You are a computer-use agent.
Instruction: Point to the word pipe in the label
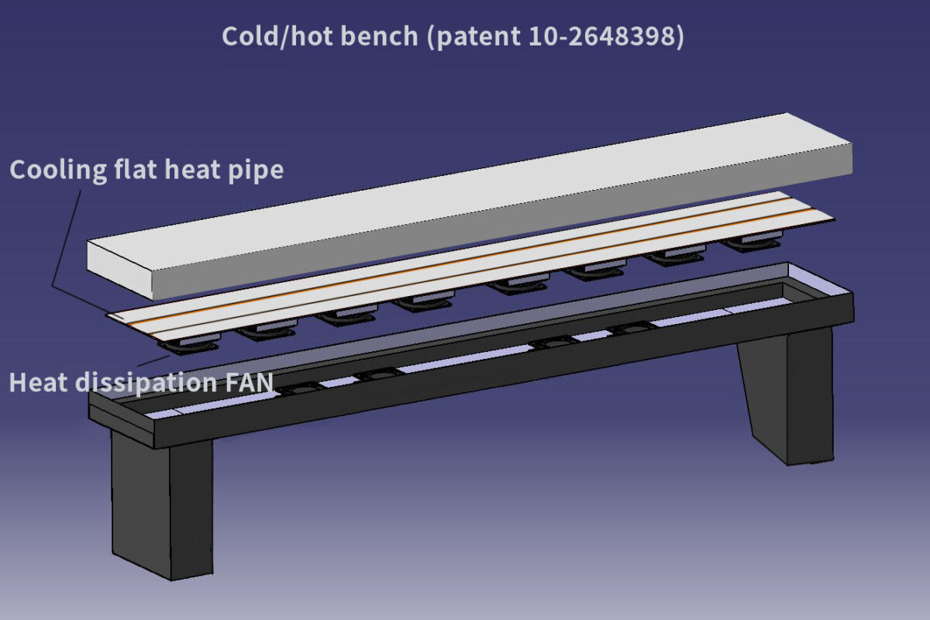(x=257, y=170)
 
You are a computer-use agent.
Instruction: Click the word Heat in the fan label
(x=35, y=382)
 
